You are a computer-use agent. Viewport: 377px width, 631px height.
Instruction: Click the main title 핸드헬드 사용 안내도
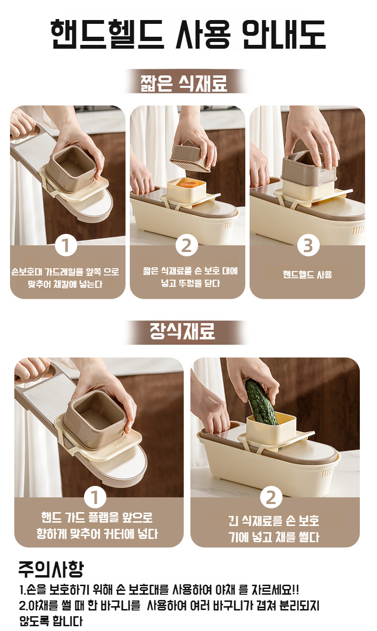pyautogui.click(x=188, y=35)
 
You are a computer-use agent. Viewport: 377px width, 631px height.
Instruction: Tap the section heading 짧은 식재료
pyautogui.click(x=184, y=83)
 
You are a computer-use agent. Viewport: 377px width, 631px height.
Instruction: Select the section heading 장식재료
pyautogui.click(x=182, y=331)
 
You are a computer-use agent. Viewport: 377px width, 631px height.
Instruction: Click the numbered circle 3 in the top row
pyautogui.click(x=308, y=245)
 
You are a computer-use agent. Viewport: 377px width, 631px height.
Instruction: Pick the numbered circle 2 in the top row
pyautogui.click(x=187, y=245)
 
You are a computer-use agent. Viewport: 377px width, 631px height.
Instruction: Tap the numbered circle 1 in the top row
pyautogui.click(x=66, y=245)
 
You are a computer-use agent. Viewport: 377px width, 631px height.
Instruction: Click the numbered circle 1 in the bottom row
pyautogui.click(x=95, y=497)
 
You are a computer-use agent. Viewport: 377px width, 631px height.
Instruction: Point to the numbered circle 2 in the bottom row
pyautogui.click(x=271, y=497)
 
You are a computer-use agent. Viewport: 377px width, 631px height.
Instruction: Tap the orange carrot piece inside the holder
pyautogui.click(x=187, y=184)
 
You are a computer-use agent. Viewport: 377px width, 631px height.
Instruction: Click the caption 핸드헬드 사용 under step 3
pyautogui.click(x=307, y=274)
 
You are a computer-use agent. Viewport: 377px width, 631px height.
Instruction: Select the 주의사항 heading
pyautogui.click(x=51, y=569)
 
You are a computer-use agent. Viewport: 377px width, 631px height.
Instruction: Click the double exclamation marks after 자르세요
pyautogui.click(x=295, y=589)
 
